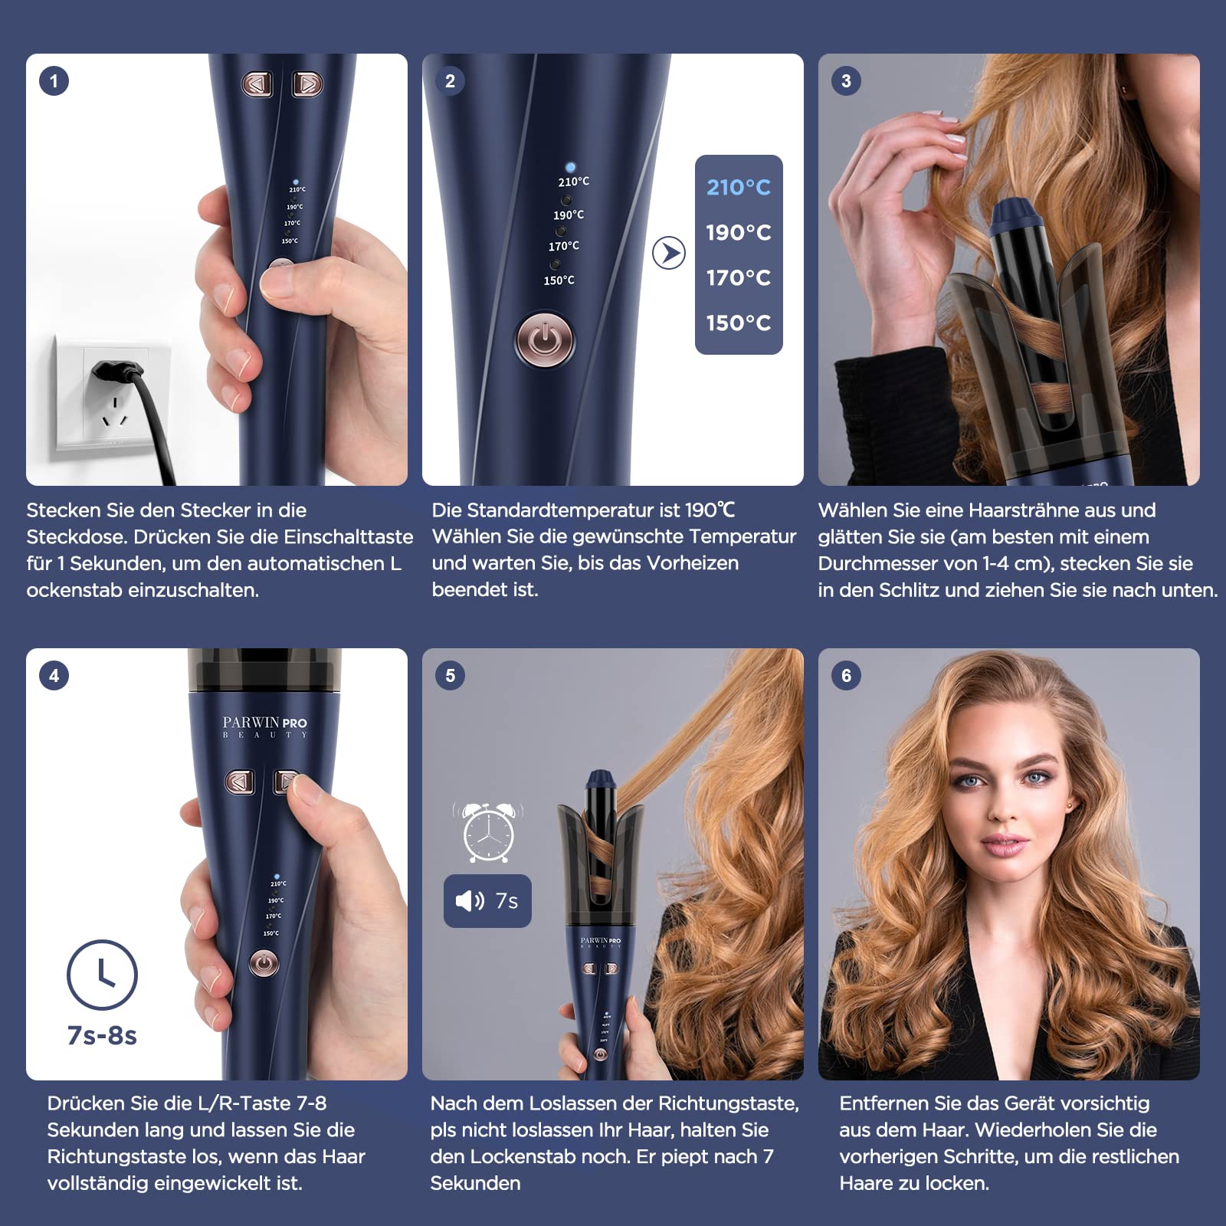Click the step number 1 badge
pyautogui.click(x=54, y=81)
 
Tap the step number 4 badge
pyautogui.click(x=54, y=676)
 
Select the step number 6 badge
pyautogui.click(x=846, y=676)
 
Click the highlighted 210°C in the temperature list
pyautogui.click(x=739, y=188)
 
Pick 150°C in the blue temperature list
pyautogui.click(x=739, y=323)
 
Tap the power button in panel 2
pyautogui.click(x=545, y=339)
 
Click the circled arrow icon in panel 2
pyautogui.click(x=669, y=253)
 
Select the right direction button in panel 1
pyautogui.click(x=307, y=84)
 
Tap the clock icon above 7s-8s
pyautogui.click(x=102, y=975)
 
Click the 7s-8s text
pyautogui.click(x=102, y=1036)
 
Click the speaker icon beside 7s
pyautogui.click(x=470, y=900)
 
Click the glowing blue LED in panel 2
pyautogui.click(x=570, y=167)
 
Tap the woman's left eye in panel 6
pyautogui.click(x=1038, y=779)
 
